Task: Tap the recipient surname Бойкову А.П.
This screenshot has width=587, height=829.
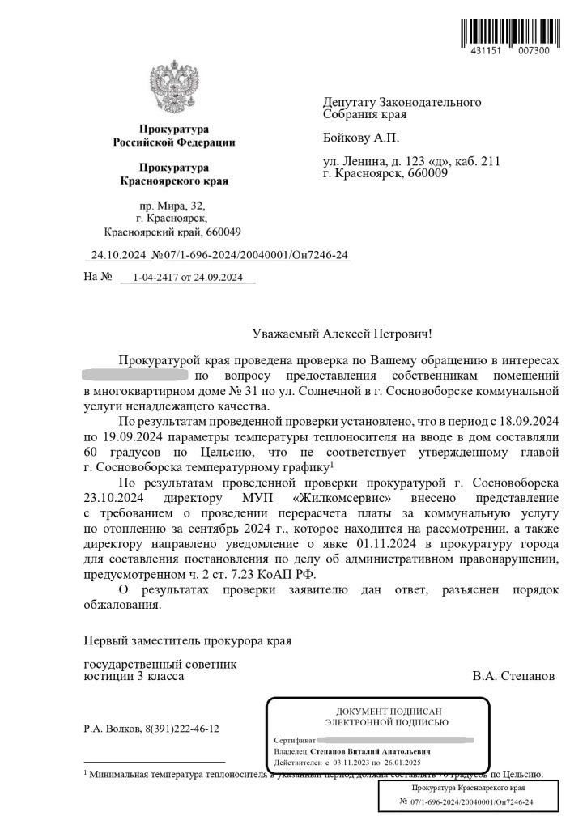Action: (x=361, y=138)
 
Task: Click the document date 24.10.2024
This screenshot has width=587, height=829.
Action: (x=119, y=256)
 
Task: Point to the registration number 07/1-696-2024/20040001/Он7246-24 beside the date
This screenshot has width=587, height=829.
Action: (x=256, y=256)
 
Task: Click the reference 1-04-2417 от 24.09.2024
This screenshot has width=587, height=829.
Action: (x=187, y=278)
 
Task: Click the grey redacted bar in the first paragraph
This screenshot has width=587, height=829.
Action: (x=136, y=376)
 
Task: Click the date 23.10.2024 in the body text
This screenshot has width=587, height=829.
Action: (x=113, y=495)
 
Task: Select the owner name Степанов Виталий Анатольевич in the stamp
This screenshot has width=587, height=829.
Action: (x=370, y=751)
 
